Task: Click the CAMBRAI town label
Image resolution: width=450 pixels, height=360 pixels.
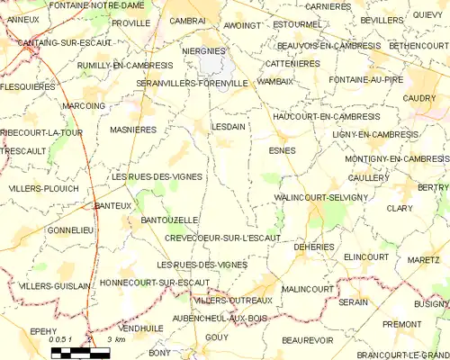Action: pyautogui.click(x=187, y=20)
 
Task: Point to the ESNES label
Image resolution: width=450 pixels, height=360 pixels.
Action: pyautogui.click(x=282, y=150)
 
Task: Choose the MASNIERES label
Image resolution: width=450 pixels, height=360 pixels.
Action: pyautogui.click(x=134, y=130)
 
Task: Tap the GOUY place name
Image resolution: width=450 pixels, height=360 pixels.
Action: pyautogui.click(x=217, y=337)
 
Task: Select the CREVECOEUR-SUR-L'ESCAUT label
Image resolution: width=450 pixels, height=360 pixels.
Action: pyautogui.click(x=223, y=238)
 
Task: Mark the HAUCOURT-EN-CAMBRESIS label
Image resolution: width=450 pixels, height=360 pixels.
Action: pyautogui.click(x=312, y=117)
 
